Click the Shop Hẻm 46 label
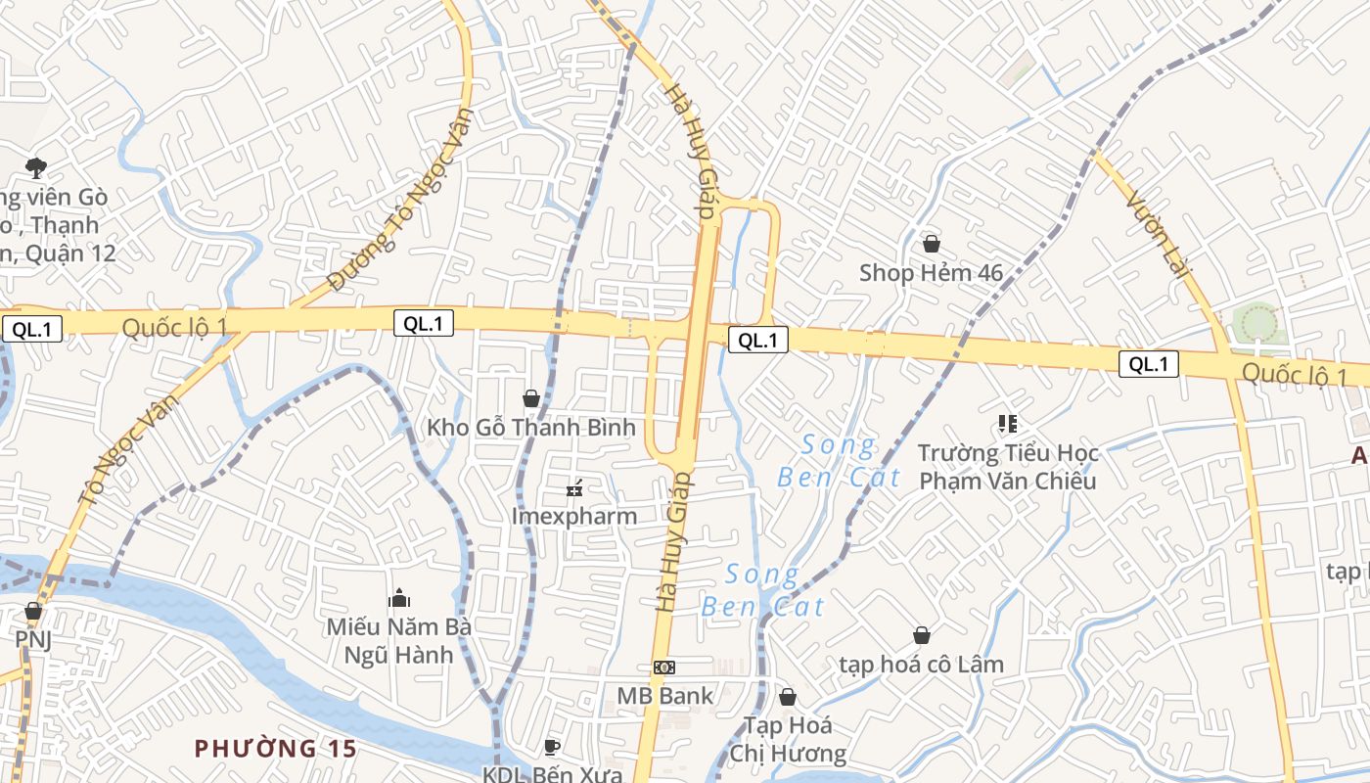click(931, 272)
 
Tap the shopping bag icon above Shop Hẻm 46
click(931, 243)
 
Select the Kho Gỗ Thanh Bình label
click(531, 428)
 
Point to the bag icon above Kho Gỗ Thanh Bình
click(531, 398)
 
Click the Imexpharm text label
click(574, 516)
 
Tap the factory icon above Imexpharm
click(574, 486)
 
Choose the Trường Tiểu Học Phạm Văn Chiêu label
click(1008, 467)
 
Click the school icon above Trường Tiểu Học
click(1008, 424)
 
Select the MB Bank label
click(665, 696)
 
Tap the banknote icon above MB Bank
click(664, 667)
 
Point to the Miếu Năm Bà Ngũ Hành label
click(399, 640)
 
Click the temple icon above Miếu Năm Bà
click(399, 597)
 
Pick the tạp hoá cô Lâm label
click(921, 665)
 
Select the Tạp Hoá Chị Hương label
click(788, 739)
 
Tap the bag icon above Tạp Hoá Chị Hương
click(788, 697)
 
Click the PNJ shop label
click(32, 639)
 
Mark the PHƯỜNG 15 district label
click(275, 749)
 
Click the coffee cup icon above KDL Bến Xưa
click(552, 747)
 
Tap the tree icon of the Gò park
click(36, 167)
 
